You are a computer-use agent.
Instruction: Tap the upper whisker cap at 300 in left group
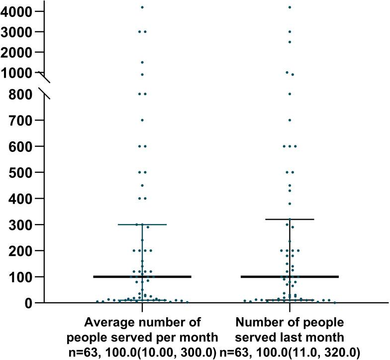[142, 225]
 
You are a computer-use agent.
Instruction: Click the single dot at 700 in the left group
[142, 120]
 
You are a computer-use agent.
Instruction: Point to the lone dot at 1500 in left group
[142, 62]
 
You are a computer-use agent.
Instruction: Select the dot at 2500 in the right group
[290, 42]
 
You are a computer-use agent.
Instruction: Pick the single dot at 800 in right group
[290, 94]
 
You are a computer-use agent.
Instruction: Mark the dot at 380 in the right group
[290, 204]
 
